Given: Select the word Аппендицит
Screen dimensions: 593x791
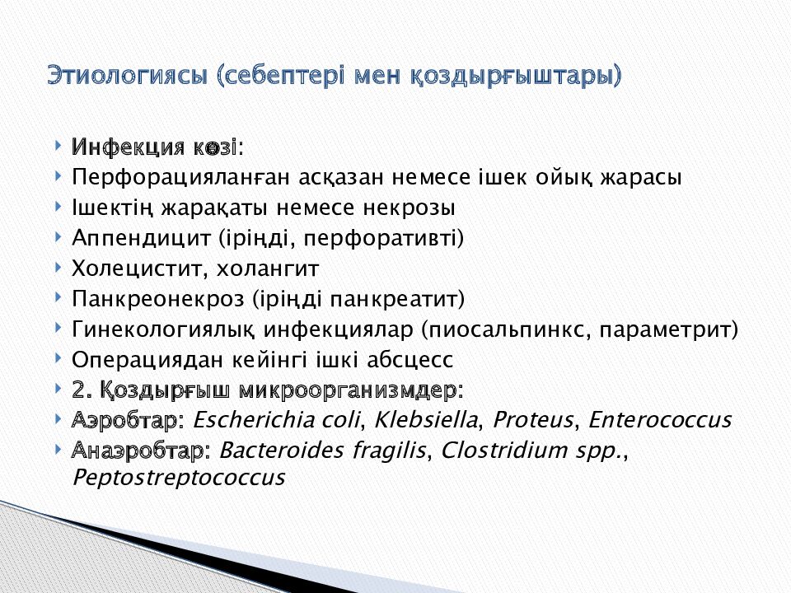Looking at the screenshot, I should (x=141, y=239).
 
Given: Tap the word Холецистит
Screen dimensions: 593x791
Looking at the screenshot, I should (x=137, y=269).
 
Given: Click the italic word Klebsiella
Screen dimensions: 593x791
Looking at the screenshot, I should (x=427, y=420).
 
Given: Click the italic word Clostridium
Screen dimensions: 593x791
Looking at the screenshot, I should (x=492, y=451).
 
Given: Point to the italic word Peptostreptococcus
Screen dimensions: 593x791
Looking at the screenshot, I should (x=178, y=479).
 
